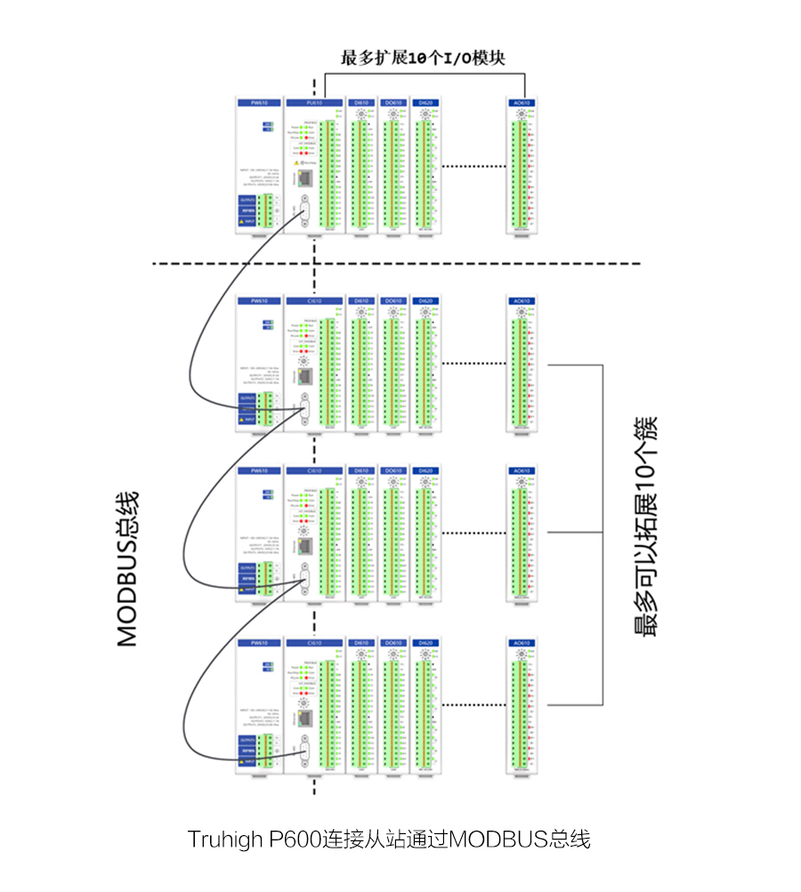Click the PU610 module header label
pos(313,103)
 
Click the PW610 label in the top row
pos(259,103)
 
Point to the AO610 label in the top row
pos(522,103)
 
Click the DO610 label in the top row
pos(392,103)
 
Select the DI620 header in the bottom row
pos(425,643)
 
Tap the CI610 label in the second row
pos(313,301)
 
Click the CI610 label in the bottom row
pos(313,643)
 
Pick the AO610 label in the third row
pos(522,471)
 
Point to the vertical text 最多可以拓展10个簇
pos(646,525)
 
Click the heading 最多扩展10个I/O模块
pos(424,59)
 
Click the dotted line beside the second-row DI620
pos(472,363)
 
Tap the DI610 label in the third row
pos(360,471)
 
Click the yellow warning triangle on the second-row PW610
pos(241,418)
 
